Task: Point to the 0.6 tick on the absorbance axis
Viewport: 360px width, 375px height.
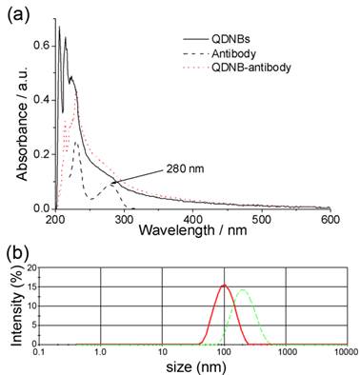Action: coord(38,45)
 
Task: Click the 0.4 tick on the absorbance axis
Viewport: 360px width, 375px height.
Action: coord(38,99)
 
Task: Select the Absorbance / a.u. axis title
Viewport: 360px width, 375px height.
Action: coord(18,122)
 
